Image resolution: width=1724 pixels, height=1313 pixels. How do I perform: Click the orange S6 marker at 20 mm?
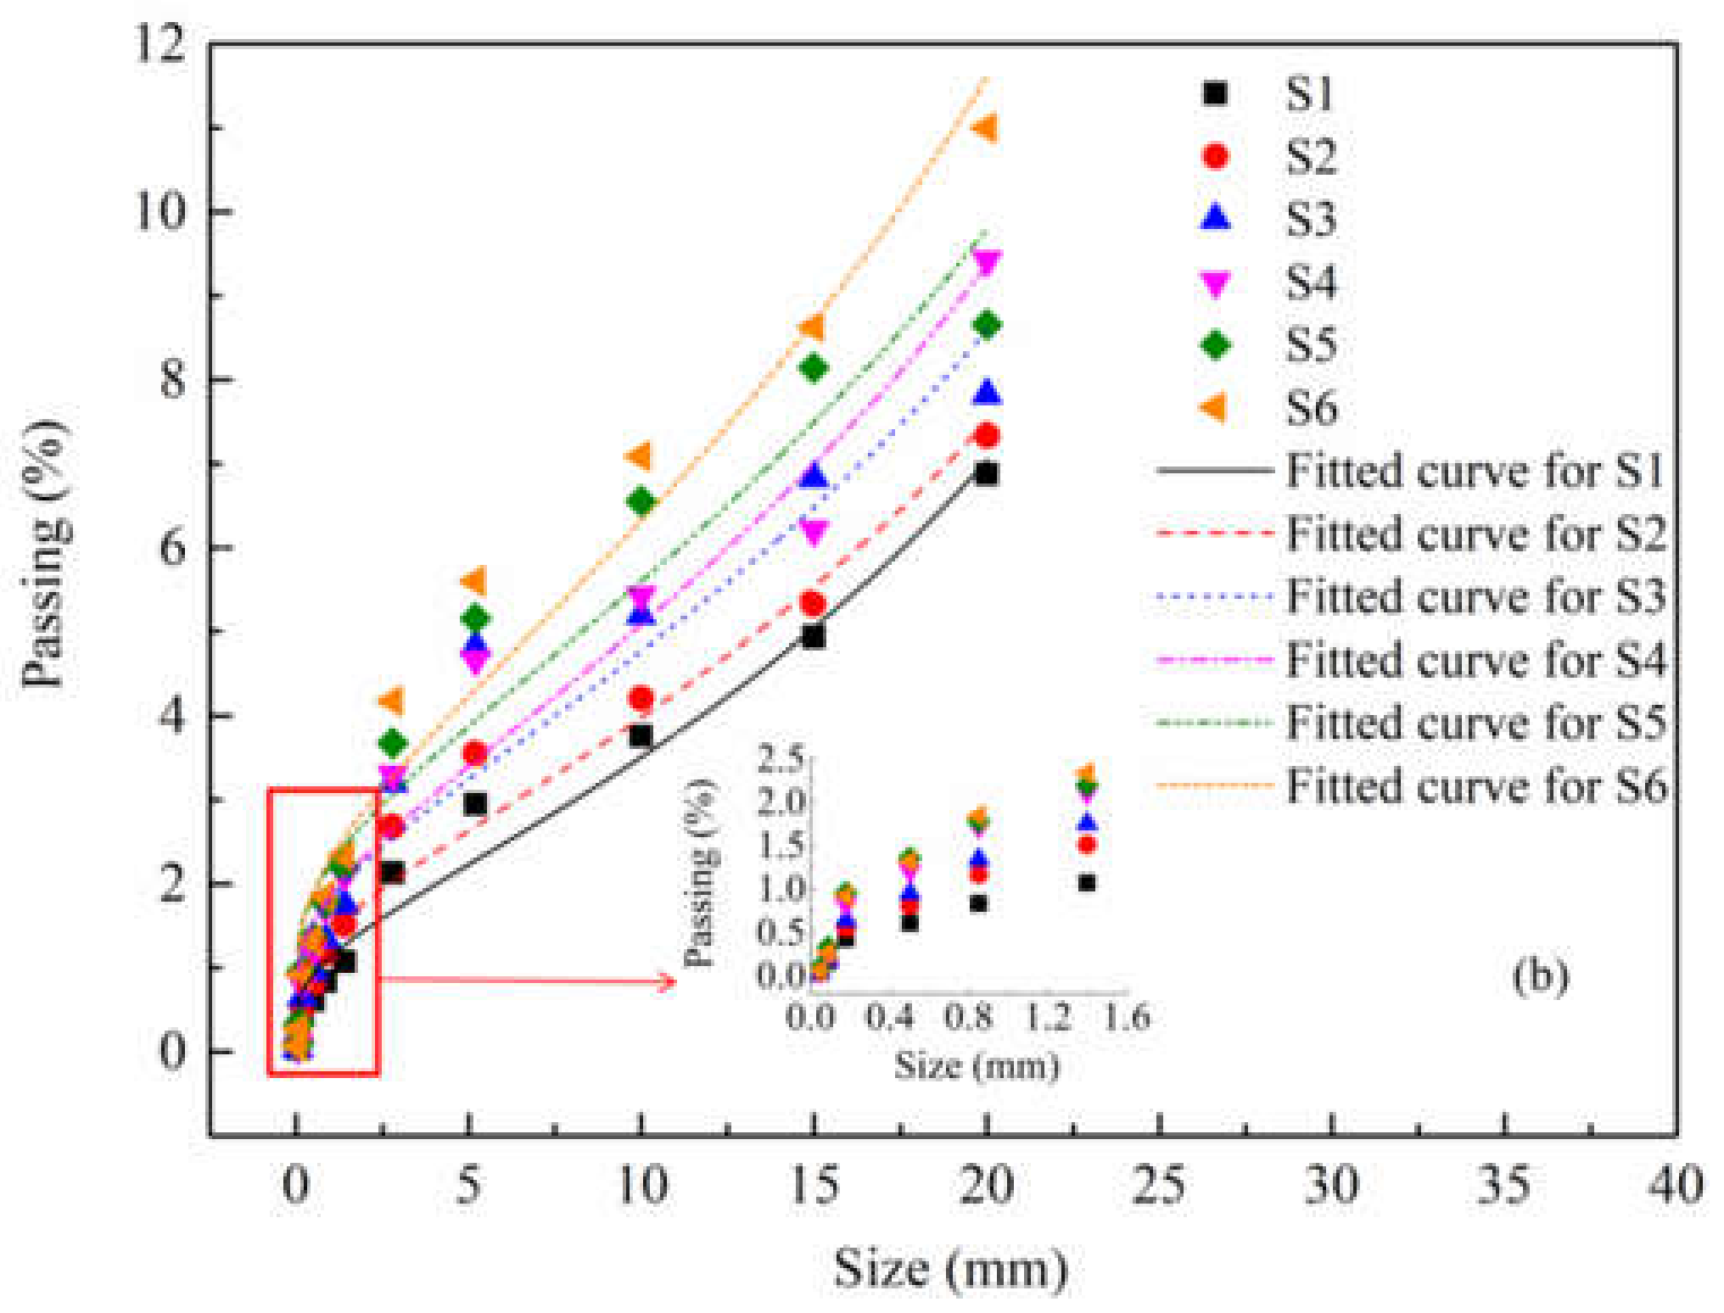pos(984,128)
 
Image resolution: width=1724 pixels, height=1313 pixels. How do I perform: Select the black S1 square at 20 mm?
pos(986,473)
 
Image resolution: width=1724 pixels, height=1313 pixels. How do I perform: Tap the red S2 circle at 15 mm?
pos(813,603)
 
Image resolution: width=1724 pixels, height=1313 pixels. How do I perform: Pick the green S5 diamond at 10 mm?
pos(641,501)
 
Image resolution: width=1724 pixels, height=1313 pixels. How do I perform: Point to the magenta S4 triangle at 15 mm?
pos(814,533)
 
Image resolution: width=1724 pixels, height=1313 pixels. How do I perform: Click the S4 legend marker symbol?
pos(1216,283)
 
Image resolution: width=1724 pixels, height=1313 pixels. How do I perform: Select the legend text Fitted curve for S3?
pos(1475,596)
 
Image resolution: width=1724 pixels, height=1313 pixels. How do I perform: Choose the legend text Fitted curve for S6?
pos(1475,785)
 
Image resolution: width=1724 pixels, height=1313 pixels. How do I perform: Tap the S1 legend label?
pos(1310,93)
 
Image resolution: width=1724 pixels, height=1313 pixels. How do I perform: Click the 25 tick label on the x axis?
pos(1159,1185)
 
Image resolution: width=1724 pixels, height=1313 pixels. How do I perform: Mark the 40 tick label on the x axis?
pos(1675,1185)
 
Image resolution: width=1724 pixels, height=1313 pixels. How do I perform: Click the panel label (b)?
pos(1540,975)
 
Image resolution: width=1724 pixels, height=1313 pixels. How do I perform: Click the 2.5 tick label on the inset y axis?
pos(781,757)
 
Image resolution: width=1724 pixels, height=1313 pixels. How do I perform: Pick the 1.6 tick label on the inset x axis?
pos(1127,1016)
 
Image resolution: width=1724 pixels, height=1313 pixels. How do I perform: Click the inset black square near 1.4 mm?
pos(1087,883)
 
